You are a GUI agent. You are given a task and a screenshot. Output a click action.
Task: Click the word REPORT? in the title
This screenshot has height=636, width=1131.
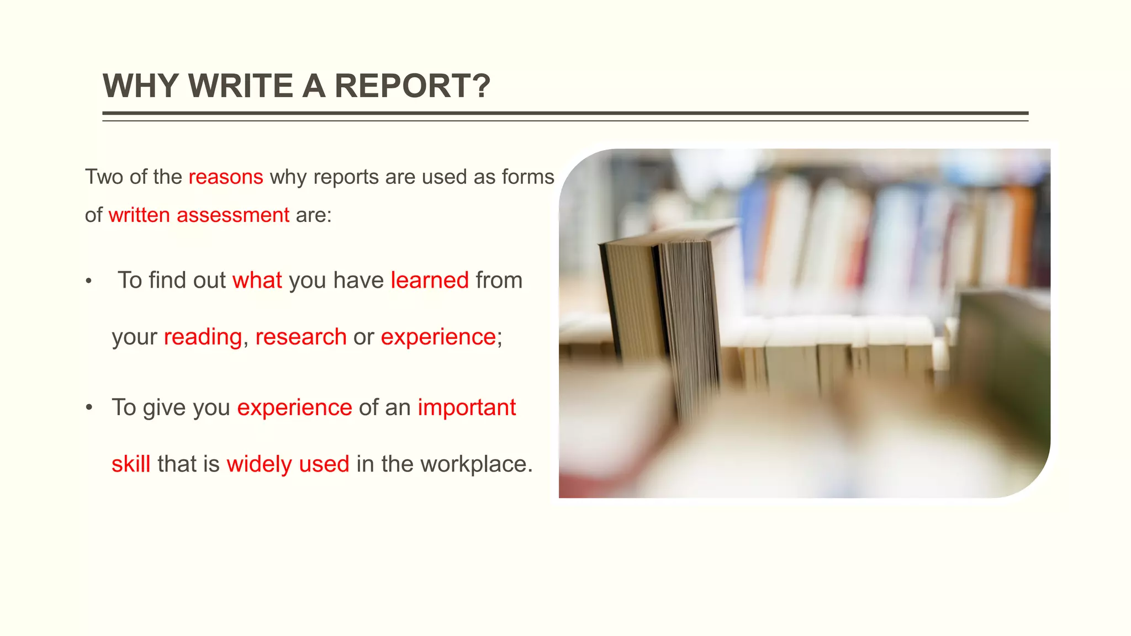pos(412,86)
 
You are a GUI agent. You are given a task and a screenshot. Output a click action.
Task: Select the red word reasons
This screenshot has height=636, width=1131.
pos(226,177)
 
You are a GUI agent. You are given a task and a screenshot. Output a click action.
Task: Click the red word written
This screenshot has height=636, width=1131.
pos(139,215)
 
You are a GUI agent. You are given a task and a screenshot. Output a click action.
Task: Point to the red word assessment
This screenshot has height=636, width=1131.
pos(232,215)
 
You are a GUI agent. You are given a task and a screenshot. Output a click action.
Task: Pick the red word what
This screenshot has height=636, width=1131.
pos(257,280)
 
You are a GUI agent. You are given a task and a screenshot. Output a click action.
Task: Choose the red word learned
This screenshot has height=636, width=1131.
pos(430,280)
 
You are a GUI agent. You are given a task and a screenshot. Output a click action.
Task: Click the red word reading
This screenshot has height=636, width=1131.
pos(203,337)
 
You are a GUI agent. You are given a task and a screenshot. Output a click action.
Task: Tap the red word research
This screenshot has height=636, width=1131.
pos(301,337)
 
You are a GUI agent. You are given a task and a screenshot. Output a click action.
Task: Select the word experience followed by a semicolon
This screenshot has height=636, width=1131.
pos(438,337)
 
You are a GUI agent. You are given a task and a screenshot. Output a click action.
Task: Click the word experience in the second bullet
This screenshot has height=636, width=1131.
pos(294,408)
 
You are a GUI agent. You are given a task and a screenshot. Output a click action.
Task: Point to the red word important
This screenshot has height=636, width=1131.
pos(467,408)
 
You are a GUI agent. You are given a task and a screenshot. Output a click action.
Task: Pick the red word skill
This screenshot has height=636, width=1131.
pos(131,464)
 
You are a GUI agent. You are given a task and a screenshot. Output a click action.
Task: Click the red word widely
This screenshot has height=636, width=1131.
pos(259,464)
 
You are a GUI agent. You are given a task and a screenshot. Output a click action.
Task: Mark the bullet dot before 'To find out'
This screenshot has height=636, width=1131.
pos(88,282)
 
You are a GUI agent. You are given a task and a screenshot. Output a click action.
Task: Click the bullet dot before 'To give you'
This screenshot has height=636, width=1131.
pos(89,408)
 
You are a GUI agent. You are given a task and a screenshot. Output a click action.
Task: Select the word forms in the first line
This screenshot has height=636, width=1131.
pos(528,177)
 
